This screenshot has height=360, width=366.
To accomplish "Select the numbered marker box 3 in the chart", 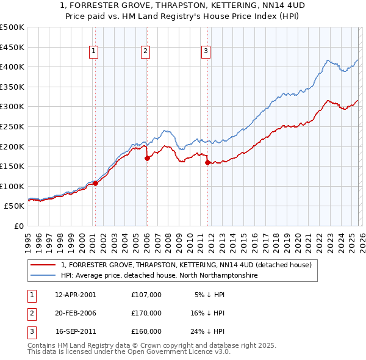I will [x=206, y=52].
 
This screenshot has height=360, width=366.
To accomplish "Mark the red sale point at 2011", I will [x=208, y=162].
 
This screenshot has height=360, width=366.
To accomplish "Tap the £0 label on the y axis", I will [x=18, y=226].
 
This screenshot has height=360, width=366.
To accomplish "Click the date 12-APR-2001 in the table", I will [x=76, y=295].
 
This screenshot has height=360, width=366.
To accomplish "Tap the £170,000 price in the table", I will [x=146, y=313].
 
